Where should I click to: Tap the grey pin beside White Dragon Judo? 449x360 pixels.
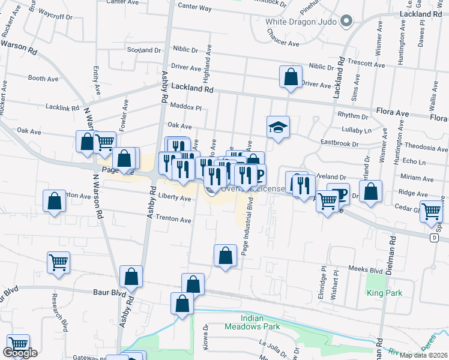346,22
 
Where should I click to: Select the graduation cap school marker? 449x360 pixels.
278,127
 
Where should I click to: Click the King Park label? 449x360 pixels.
385,293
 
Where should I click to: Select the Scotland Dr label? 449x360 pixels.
142,50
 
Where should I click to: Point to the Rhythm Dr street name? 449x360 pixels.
352,115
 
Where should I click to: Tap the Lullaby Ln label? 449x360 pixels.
358,130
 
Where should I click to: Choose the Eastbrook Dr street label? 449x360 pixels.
339,144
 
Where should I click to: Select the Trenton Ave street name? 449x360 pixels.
173,220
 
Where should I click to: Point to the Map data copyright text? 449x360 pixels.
423,355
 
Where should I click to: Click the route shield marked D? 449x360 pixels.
434,238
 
